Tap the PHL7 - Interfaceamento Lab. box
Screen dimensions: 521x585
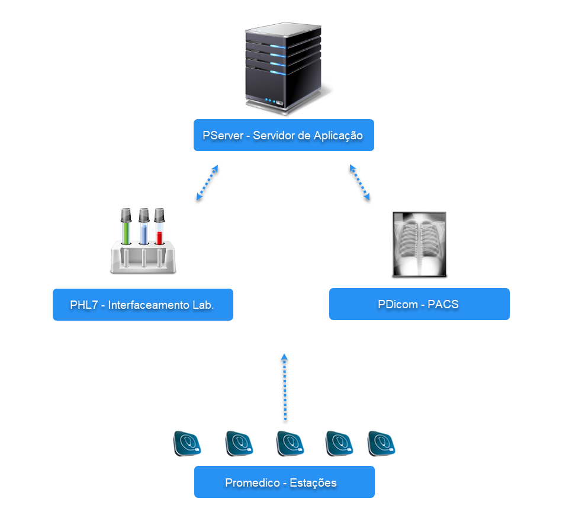coord(143,305)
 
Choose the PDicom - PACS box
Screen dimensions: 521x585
coord(419,304)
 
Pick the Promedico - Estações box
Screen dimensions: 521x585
coord(284,482)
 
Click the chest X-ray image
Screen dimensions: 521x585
coord(420,244)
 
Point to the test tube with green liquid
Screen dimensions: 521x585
coord(126,228)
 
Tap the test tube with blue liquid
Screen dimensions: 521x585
coord(143,228)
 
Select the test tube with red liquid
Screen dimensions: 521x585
coord(159,228)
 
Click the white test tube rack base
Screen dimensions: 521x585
coord(143,261)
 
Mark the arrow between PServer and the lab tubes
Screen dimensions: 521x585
coord(207,183)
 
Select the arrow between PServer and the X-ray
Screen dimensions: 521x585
coord(359,183)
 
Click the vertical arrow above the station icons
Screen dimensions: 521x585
coord(285,388)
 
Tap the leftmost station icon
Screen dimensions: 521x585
coord(187,444)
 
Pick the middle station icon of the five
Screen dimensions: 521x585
coord(290,444)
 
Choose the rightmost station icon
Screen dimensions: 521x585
coord(381,444)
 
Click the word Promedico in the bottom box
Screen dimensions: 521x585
coord(252,482)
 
